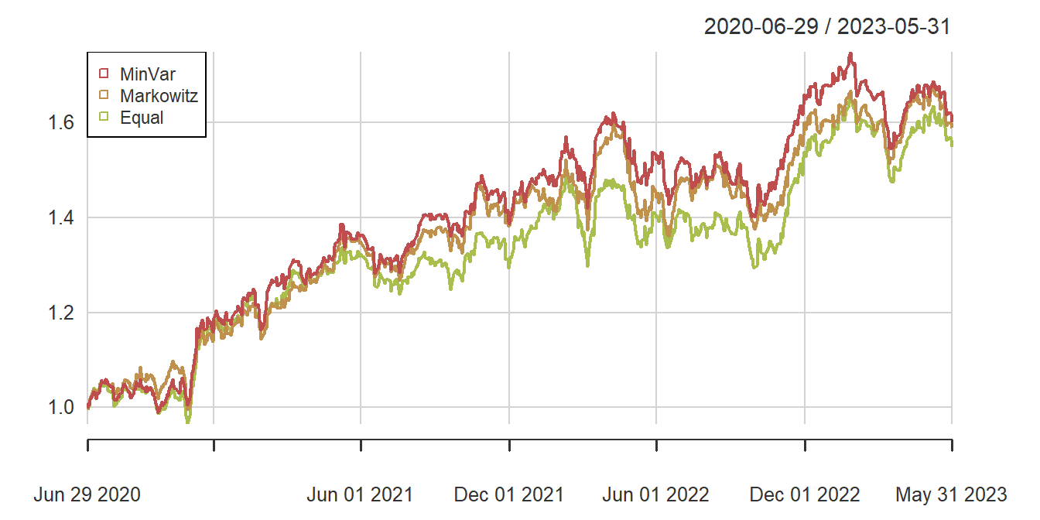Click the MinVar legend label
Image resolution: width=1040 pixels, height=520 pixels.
148,74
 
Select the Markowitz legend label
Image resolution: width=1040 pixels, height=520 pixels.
159,96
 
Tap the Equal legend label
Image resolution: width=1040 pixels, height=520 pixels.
142,118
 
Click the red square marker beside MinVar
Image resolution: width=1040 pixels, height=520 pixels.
104,74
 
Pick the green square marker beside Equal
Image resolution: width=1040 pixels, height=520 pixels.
104,118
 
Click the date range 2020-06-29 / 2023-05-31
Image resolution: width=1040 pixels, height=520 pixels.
826,27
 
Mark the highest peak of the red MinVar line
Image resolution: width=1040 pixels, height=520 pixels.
851,54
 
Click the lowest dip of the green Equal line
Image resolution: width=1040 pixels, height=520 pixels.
187,422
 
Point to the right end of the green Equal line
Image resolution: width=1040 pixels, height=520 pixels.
951,144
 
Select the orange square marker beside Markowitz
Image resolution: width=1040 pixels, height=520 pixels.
104,96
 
